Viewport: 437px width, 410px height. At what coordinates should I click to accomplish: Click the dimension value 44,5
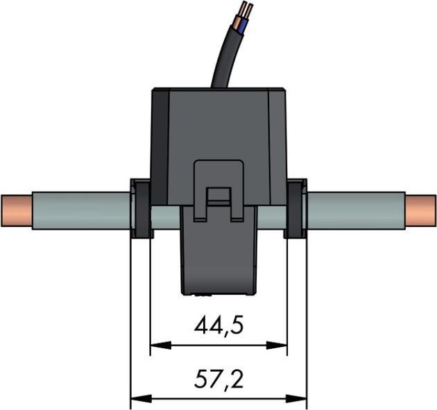[218, 325]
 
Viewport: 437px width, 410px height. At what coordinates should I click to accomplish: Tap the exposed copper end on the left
[15, 212]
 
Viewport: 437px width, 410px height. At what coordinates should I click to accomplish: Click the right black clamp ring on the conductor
[297, 208]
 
